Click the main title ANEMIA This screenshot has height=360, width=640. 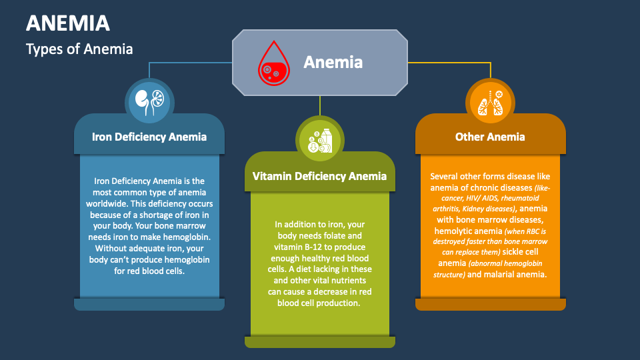pyautogui.click(x=68, y=23)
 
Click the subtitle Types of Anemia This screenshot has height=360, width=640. pyautogui.click(x=79, y=49)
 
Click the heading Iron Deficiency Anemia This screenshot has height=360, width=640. pyautogui.click(x=149, y=137)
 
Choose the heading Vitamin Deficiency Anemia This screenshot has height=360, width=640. pyautogui.click(x=319, y=176)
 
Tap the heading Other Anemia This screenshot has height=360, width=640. pyautogui.click(x=490, y=137)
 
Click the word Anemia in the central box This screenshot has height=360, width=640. pyautogui.click(x=333, y=62)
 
